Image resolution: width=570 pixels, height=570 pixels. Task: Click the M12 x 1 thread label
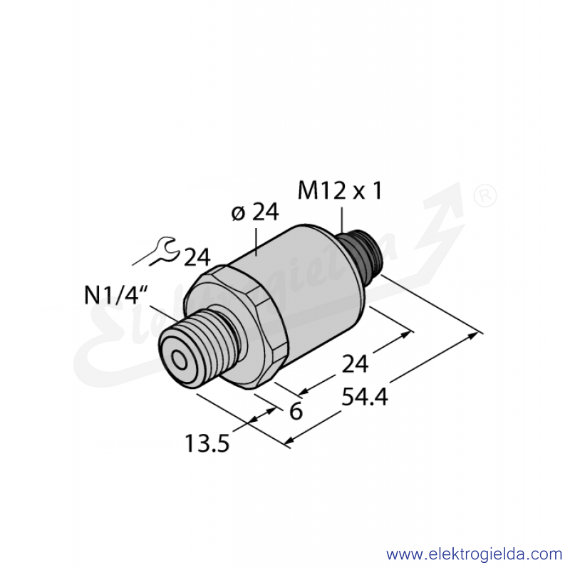click(x=340, y=191)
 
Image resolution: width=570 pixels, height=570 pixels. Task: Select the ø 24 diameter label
click(x=255, y=212)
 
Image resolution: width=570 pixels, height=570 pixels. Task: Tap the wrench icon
click(x=157, y=251)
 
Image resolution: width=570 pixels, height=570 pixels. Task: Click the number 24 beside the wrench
click(x=197, y=257)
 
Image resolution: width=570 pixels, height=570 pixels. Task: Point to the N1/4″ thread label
click(x=115, y=295)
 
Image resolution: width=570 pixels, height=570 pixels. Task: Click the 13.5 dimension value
click(x=207, y=443)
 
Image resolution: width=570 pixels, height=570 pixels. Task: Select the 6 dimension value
click(x=296, y=412)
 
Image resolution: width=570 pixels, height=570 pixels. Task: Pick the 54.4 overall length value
click(x=365, y=397)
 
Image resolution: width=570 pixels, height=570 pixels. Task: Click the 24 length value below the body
click(x=355, y=364)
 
